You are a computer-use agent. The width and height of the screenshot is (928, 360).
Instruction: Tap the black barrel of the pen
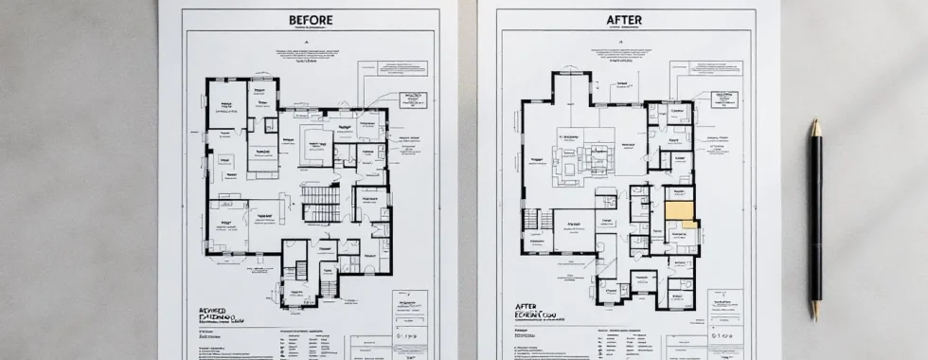(x=814, y=218)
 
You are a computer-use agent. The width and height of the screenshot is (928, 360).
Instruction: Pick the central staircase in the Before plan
(x=320, y=201)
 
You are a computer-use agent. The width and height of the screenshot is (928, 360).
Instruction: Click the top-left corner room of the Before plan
(x=225, y=96)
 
